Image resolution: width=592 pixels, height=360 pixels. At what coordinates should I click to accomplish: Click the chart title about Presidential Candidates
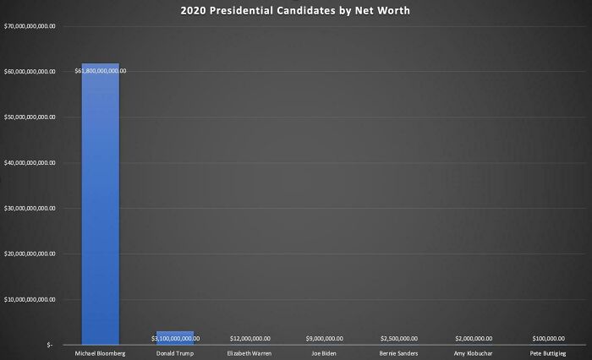(295, 12)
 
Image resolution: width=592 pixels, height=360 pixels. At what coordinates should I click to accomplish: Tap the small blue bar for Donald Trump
(175, 337)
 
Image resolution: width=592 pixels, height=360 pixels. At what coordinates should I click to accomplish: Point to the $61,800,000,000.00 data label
(100, 71)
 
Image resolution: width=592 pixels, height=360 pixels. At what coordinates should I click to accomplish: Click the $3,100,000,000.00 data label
(175, 338)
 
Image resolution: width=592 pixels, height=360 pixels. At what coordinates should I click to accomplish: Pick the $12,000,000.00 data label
(250, 338)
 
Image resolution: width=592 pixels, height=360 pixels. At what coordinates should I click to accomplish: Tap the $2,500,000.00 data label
(398, 338)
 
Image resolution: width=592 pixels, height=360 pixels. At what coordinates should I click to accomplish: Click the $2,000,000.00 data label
(474, 338)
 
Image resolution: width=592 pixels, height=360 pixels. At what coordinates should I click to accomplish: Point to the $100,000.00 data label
(549, 338)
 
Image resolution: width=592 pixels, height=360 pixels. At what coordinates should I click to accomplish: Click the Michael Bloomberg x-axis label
(100, 353)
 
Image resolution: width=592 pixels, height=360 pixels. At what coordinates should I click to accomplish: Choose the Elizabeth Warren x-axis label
(250, 353)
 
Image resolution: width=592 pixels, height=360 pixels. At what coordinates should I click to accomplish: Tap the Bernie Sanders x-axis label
(398, 353)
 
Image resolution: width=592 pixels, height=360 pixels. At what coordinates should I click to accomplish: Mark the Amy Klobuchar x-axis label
(474, 353)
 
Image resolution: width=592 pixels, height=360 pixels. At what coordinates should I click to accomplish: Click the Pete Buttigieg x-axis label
(549, 353)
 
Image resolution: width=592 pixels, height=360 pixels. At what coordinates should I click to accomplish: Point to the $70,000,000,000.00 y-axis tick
(30, 27)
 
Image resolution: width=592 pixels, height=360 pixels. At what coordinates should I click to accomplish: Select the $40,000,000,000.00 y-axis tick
(30, 163)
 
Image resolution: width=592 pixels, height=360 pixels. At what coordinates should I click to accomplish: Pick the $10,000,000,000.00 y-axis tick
(30, 299)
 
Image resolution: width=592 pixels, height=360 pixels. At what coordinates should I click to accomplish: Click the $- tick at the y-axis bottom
(50, 345)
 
